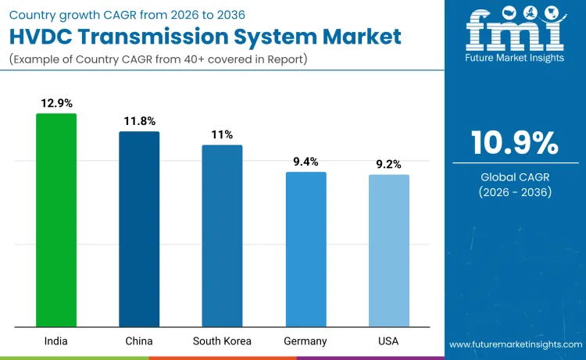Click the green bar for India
click(56, 220)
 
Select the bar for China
click(139, 229)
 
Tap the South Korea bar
click(222, 236)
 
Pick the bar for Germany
click(306, 249)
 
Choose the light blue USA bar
click(388, 251)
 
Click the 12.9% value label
click(56, 103)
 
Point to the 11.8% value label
click(139, 121)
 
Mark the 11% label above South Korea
click(222, 134)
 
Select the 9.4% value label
click(306, 162)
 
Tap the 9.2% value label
click(388, 164)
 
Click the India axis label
click(56, 341)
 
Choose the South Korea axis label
click(222, 341)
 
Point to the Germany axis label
click(306, 341)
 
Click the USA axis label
click(388, 341)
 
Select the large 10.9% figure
click(514, 143)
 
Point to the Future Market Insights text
click(515, 57)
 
